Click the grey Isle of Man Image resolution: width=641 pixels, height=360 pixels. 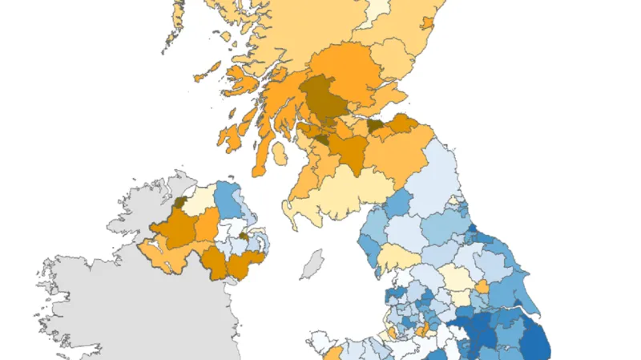click(x=312, y=265)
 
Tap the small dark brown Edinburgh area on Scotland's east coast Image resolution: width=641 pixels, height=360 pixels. click(x=376, y=126)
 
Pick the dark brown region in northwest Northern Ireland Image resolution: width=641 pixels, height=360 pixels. click(x=181, y=203)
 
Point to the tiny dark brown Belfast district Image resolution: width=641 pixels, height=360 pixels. click(x=243, y=237)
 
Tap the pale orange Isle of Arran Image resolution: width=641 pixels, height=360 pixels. click(x=280, y=152)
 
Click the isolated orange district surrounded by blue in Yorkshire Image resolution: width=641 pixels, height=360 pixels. click(x=482, y=286)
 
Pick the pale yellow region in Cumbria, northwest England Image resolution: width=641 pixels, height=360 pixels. click(x=395, y=258)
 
